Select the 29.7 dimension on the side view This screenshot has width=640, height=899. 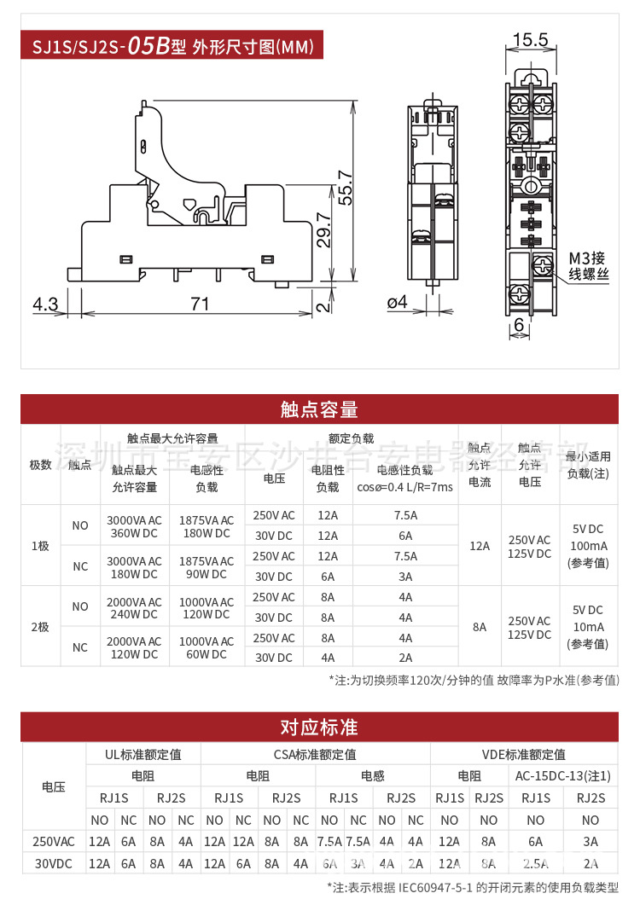pyautogui.click(x=323, y=229)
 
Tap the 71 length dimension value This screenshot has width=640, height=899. pyautogui.click(x=200, y=304)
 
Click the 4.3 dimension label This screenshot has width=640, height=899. pyautogui.click(x=45, y=304)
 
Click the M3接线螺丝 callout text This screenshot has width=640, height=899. pyautogui.click(x=590, y=266)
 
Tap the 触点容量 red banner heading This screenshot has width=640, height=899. pyautogui.click(x=319, y=409)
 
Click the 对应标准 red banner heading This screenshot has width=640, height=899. pyautogui.click(x=319, y=727)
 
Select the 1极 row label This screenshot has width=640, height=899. pyautogui.click(x=40, y=546)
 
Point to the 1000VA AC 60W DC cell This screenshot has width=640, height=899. pyautogui.click(x=207, y=647)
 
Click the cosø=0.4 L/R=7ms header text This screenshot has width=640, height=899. pyautogui.click(x=404, y=487)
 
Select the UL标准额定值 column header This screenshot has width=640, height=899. pyautogui.click(x=143, y=754)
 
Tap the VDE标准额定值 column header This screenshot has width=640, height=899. pyautogui.click(x=524, y=754)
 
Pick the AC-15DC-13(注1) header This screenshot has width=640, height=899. pyautogui.click(x=563, y=775)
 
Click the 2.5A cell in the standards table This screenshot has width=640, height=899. pyautogui.click(x=536, y=863)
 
